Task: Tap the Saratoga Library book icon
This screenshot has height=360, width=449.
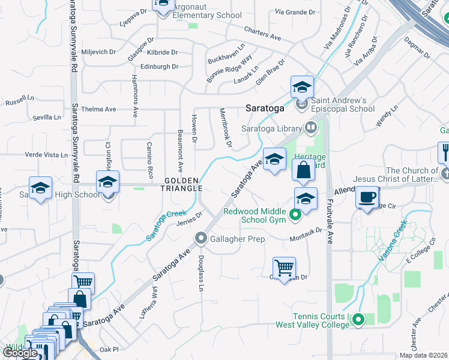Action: tap(311, 127)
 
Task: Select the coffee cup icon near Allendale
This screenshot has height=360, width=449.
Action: tap(367, 197)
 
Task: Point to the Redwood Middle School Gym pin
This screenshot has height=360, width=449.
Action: tap(295, 214)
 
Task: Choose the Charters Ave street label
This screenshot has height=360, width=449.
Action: tap(263, 33)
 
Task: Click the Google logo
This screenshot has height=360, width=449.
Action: tap(20, 353)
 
